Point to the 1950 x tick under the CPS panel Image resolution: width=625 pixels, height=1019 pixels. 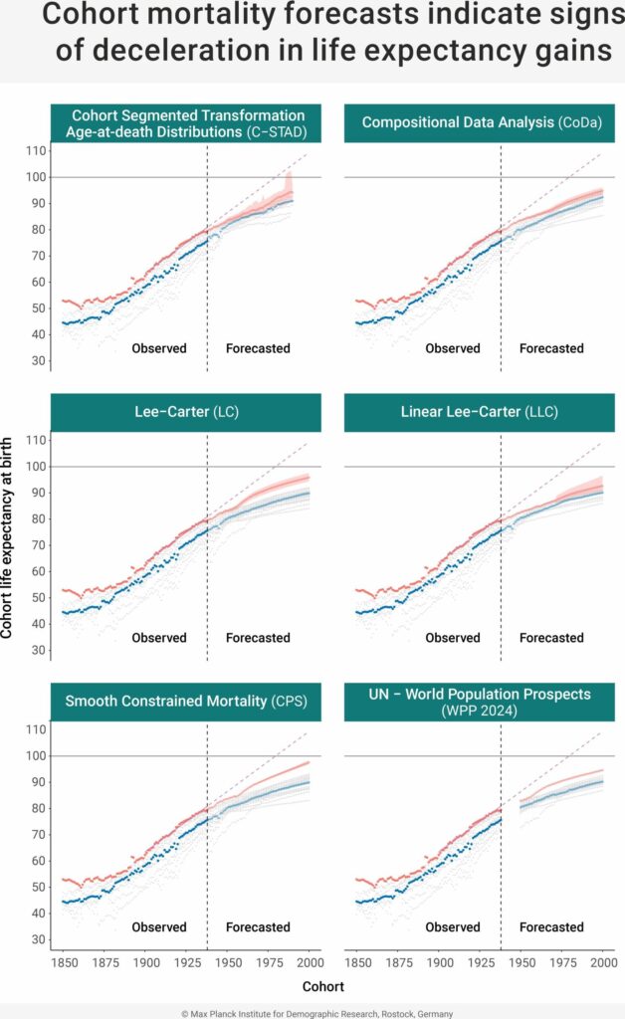click(x=228, y=965)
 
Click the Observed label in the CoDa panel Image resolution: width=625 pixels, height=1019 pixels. click(x=453, y=348)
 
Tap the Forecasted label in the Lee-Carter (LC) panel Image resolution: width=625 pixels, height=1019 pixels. click(x=258, y=638)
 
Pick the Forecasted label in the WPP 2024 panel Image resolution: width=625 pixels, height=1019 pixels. click(x=551, y=927)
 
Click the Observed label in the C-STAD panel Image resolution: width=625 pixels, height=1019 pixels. click(x=159, y=348)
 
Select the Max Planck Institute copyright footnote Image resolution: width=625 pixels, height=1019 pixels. click(x=312, y=1012)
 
